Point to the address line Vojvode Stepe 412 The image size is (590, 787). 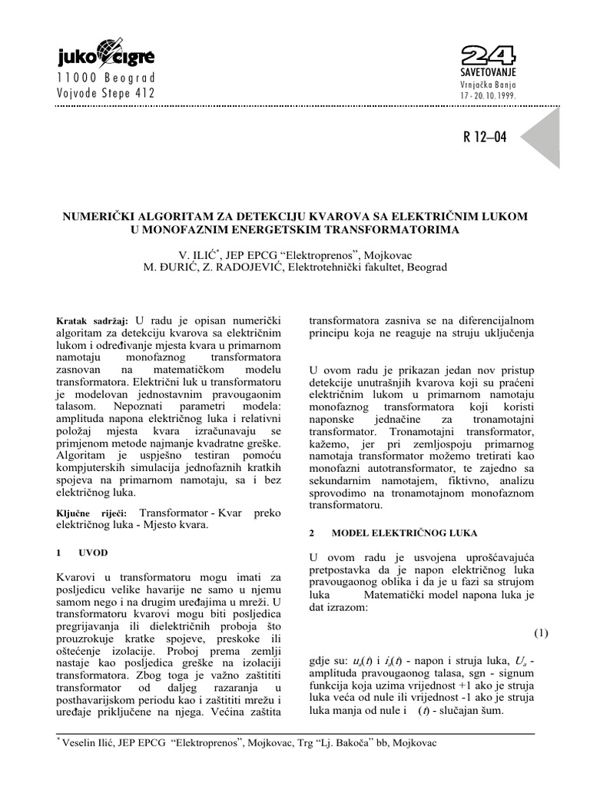click(x=106, y=94)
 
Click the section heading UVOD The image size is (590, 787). click(x=93, y=552)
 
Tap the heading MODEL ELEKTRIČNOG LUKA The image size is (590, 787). click(x=404, y=532)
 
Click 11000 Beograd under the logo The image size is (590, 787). click(x=106, y=78)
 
